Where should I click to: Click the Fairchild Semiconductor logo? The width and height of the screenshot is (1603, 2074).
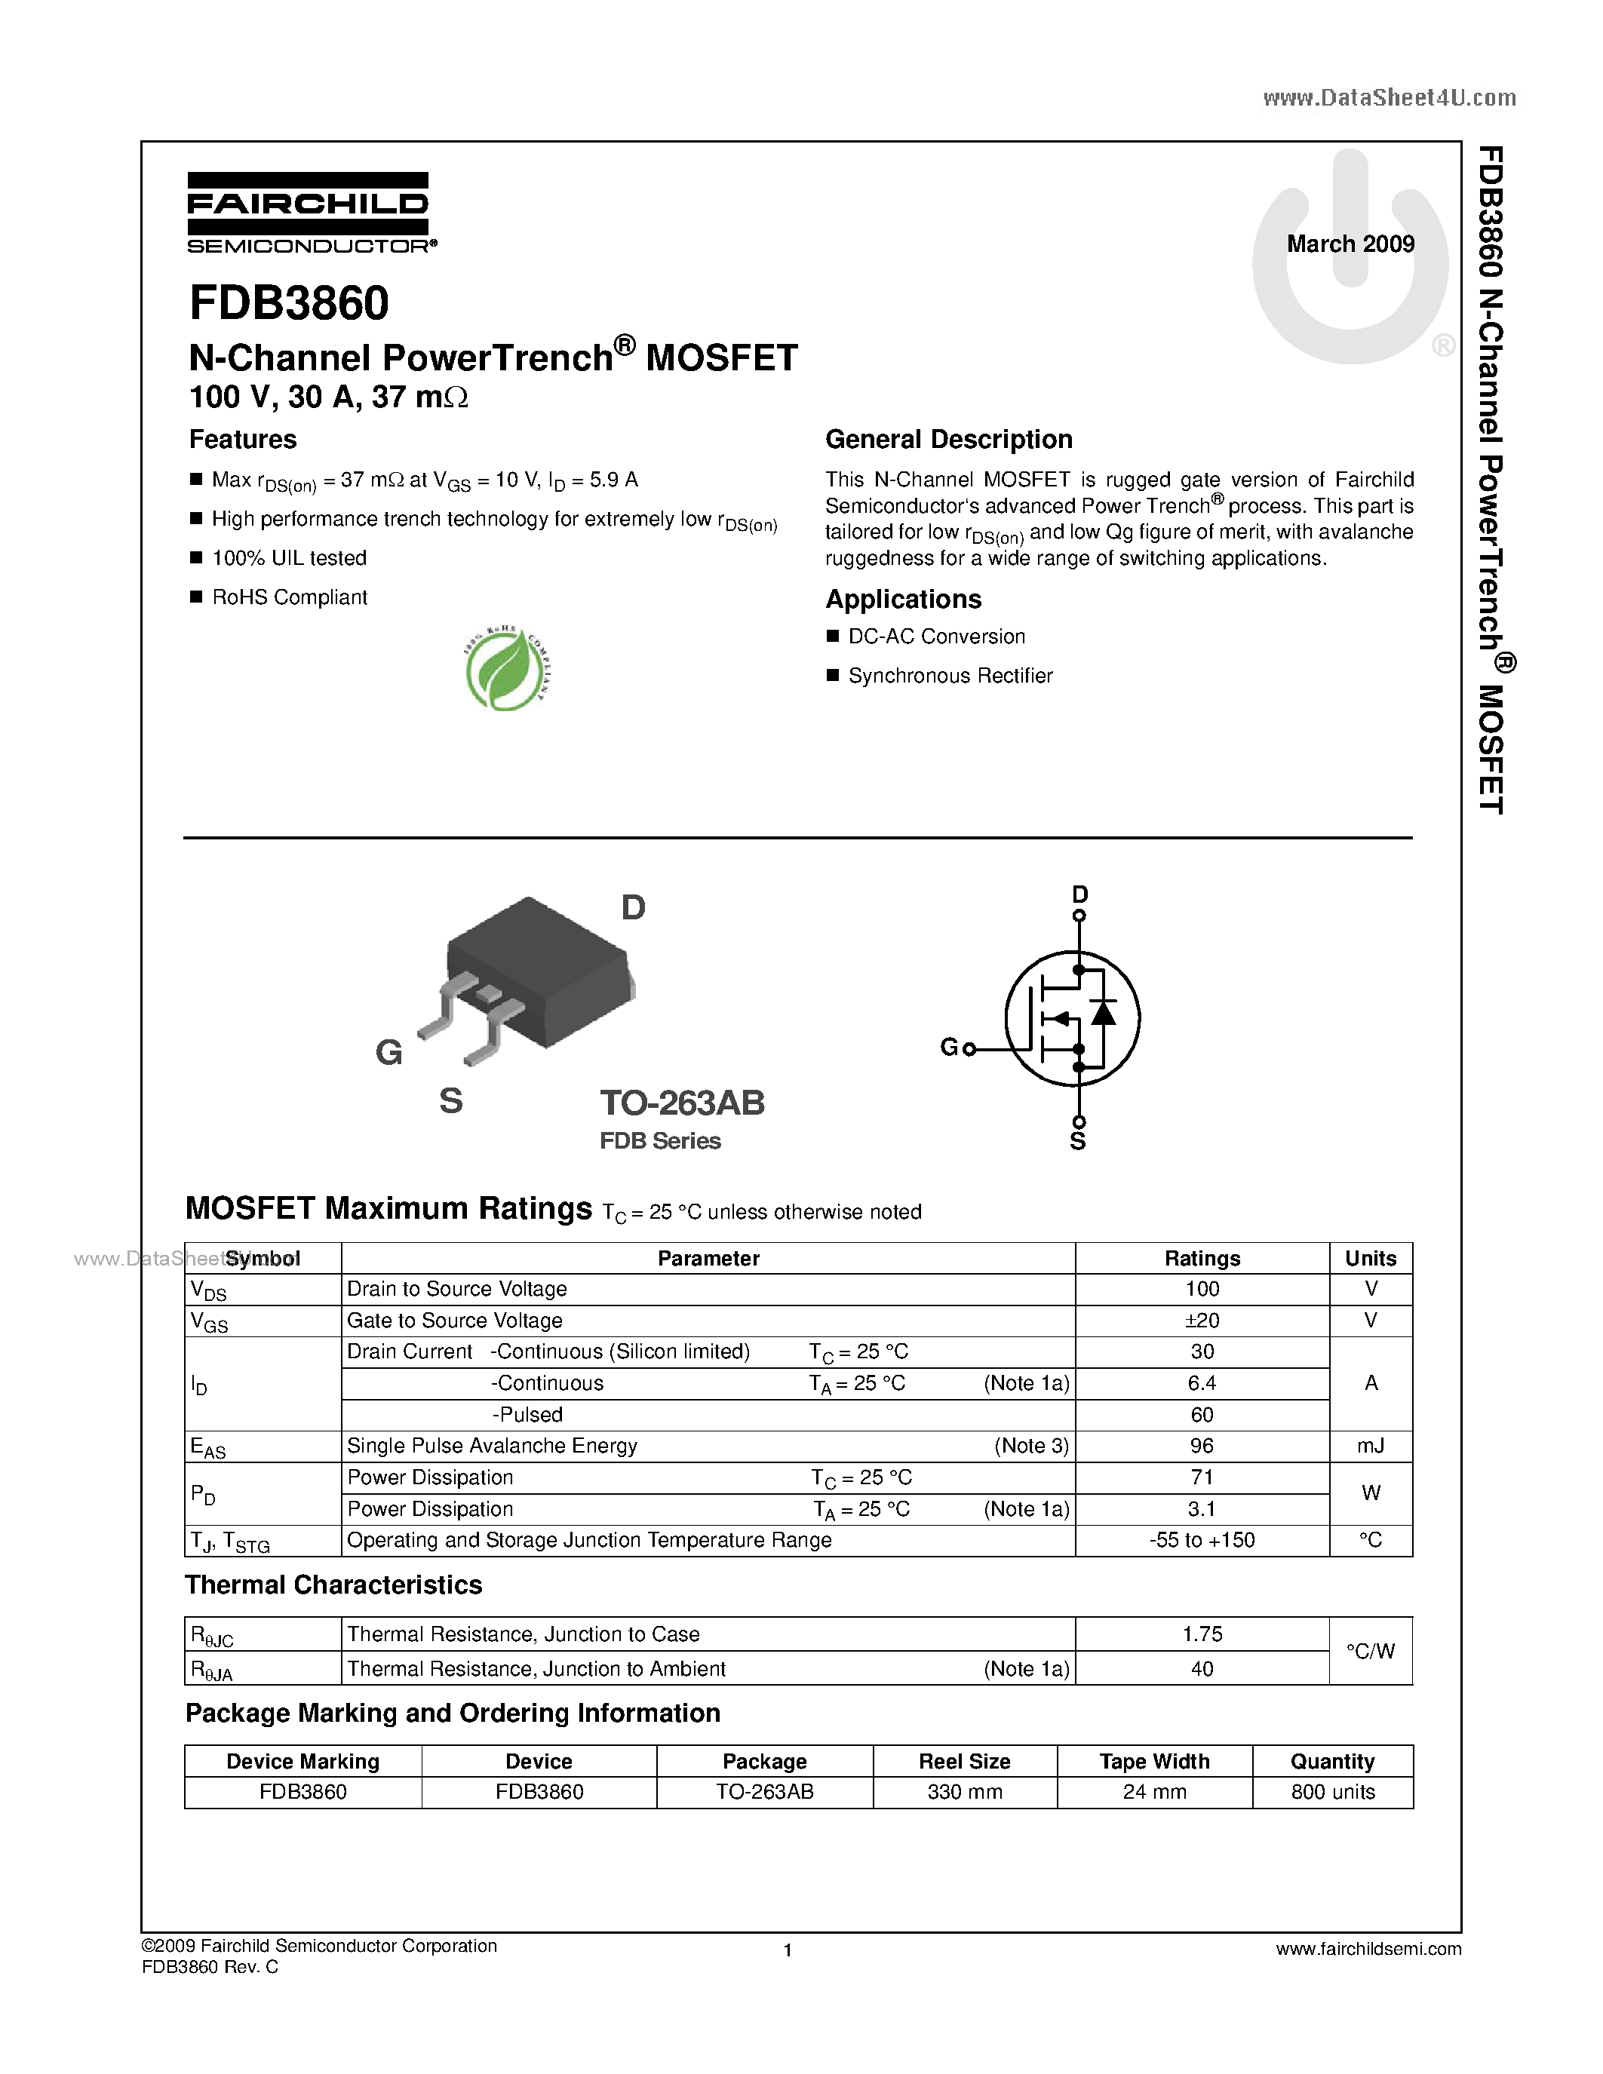click(x=309, y=213)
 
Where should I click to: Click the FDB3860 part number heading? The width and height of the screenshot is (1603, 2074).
click(x=289, y=303)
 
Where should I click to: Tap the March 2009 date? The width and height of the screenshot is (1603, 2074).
click(x=1350, y=244)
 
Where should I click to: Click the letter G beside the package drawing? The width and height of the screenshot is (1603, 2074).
click(x=388, y=1052)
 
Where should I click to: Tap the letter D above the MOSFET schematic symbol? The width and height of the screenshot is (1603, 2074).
click(x=1079, y=894)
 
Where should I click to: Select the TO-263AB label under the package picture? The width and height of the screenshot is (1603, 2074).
click(x=682, y=1103)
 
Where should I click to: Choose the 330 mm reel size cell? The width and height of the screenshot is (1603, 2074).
click(x=964, y=1791)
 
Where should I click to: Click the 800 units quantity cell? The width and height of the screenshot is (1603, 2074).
click(x=1332, y=1791)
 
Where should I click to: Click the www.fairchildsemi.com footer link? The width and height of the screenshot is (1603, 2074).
click(x=1368, y=1949)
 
